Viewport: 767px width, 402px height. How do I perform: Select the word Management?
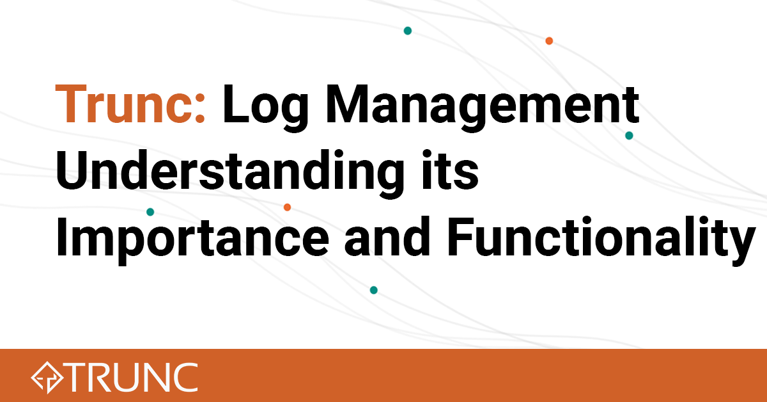coord(483,108)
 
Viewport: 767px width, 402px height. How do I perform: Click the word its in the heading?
coord(450,170)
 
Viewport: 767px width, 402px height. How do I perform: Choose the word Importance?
coord(192,241)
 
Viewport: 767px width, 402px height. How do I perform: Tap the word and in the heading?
coord(387,236)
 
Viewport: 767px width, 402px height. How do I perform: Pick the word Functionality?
coord(601,241)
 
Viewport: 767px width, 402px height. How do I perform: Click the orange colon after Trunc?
coord(199,109)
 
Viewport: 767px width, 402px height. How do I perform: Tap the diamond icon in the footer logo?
coord(47,377)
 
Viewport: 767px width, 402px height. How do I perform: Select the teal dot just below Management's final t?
coord(629,136)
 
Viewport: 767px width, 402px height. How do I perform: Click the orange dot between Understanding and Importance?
coord(287,207)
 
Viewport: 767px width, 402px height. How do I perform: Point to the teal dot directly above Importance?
coord(150,212)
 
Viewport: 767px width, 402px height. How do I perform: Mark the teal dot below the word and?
coord(373,290)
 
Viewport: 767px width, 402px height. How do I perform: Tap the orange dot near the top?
coord(549,41)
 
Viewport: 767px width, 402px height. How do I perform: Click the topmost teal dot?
coord(408,31)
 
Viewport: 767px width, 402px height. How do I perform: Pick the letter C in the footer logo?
coord(185,377)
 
